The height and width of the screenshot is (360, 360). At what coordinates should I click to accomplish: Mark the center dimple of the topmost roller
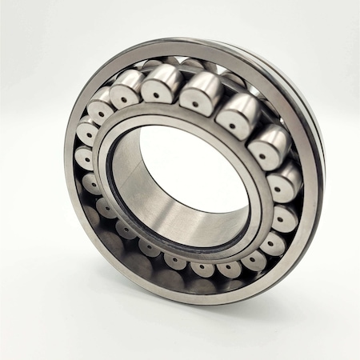194,102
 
